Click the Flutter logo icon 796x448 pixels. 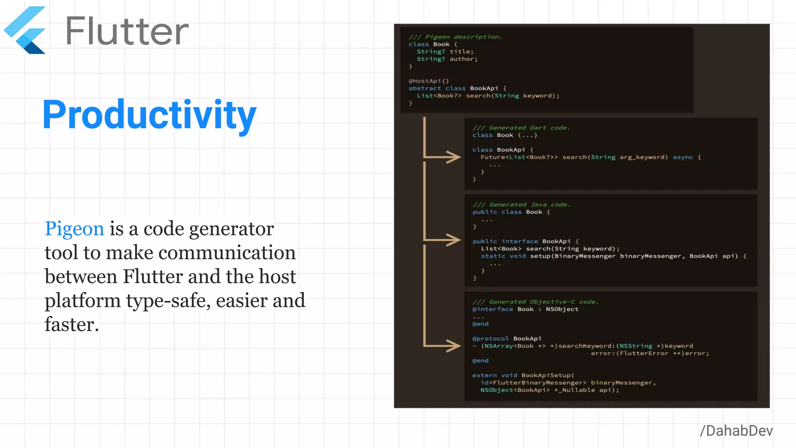pos(25,30)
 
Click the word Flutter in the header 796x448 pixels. pos(127,31)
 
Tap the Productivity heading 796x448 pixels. pos(149,114)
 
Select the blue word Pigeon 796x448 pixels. pos(74,228)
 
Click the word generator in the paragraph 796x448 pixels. pos(232,229)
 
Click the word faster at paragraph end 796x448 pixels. pos(72,325)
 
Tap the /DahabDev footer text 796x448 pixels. pos(736,431)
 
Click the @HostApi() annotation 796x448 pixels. pos(429,81)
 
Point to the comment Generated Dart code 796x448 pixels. pos(521,128)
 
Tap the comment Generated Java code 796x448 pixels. pos(522,205)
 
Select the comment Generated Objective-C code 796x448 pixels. pos(536,302)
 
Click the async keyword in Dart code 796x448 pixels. pos(683,157)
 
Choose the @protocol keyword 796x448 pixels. pos(490,339)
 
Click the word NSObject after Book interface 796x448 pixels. pos(562,309)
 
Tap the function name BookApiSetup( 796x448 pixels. pos(548,375)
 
